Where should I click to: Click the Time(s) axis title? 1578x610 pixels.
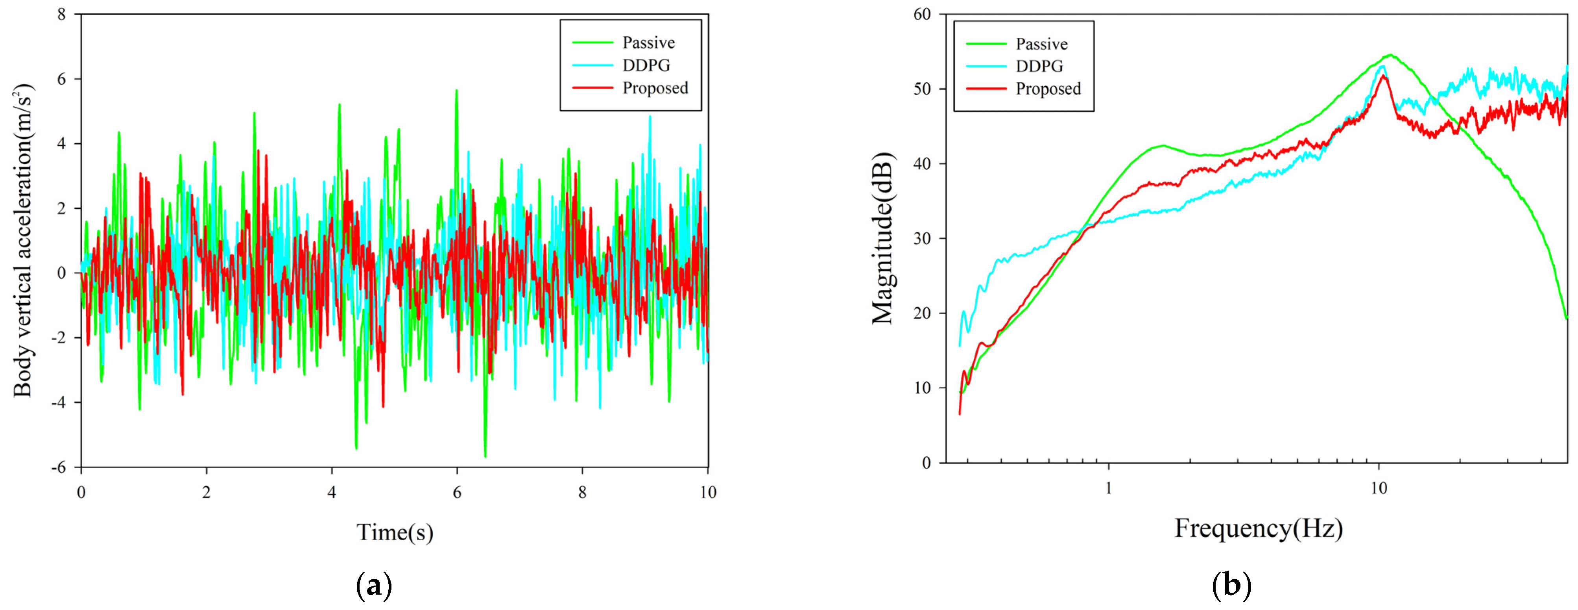tap(395, 532)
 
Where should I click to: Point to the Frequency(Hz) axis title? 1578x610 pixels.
tap(1258, 528)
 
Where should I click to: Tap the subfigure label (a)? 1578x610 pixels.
tap(374, 586)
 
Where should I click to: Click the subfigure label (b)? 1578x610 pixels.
tap(1231, 586)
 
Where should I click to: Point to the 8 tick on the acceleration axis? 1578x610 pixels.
tap(62, 14)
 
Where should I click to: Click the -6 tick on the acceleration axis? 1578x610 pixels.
tap(59, 467)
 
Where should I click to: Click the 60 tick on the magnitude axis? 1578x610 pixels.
tap(921, 14)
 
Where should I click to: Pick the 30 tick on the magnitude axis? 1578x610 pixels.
tap(921, 239)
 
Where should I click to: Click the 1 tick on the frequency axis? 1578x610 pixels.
tap(1108, 489)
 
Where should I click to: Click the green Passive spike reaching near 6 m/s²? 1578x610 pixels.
tap(456, 91)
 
